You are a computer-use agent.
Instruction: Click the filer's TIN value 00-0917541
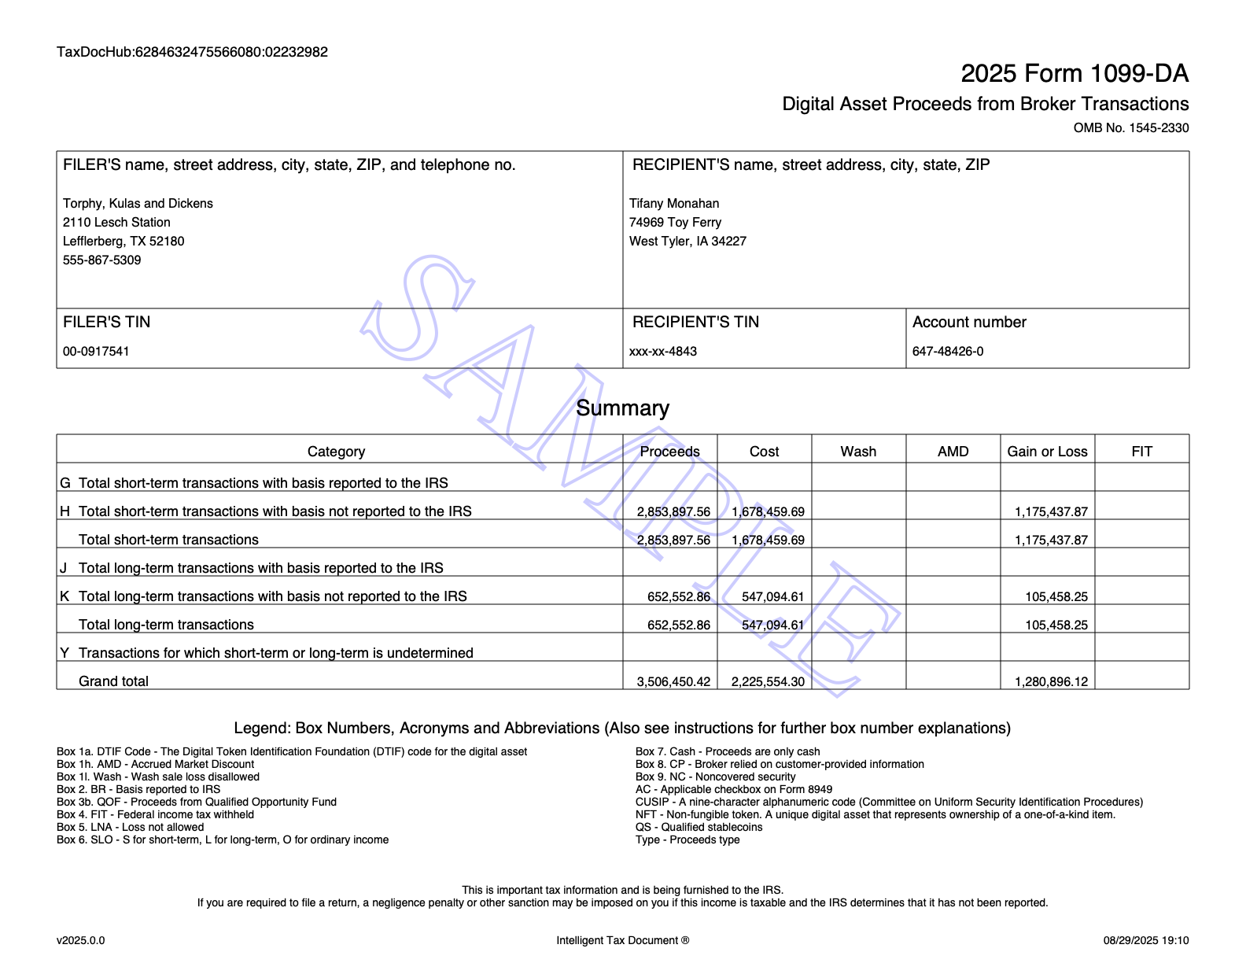96,352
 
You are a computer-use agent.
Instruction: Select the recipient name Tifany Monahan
674,204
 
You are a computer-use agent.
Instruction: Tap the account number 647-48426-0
948,352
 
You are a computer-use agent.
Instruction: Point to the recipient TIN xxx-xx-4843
663,352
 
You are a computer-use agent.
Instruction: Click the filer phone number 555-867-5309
102,260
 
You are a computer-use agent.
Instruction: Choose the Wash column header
858,452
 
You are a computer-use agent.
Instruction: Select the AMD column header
953,452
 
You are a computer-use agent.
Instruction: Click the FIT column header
1141,452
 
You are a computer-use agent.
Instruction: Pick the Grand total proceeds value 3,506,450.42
673,682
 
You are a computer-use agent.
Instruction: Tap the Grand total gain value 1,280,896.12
1051,682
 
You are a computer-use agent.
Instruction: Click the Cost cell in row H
768,512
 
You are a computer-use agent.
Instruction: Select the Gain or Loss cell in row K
1056,597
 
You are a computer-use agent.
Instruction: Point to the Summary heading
622,408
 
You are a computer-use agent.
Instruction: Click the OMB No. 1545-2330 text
1130,128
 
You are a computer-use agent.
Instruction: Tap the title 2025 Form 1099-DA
1074,74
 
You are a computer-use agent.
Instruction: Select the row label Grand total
113,681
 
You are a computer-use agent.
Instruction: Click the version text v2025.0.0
80,940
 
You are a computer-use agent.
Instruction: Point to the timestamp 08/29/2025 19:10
1145,940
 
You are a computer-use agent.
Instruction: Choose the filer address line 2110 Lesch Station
116,223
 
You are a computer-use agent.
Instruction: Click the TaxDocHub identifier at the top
192,53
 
